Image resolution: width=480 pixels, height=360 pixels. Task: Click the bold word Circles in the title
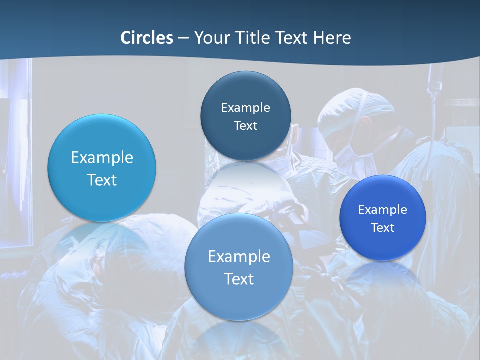(147, 38)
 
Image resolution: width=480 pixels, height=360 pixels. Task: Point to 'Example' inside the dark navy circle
(245, 108)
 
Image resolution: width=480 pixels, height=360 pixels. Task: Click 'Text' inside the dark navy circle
(245, 126)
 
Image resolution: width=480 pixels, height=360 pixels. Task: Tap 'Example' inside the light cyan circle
(102, 158)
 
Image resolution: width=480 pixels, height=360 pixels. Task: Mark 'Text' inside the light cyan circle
(102, 180)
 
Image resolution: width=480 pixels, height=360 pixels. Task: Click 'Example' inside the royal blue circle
(383, 210)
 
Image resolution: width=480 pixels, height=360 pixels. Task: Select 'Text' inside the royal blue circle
(383, 228)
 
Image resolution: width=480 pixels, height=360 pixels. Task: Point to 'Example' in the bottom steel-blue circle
(239, 257)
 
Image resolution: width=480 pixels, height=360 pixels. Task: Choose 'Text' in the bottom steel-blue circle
(239, 279)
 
